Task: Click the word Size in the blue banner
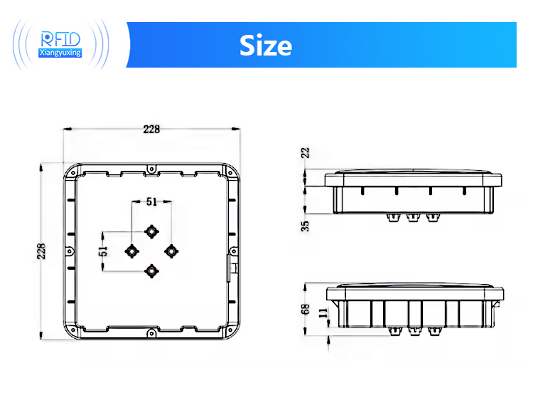[x=265, y=45]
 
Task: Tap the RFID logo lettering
[x=61, y=38]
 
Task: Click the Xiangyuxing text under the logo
[x=61, y=53]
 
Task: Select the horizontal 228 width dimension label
[x=151, y=129]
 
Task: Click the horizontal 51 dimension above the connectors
[x=151, y=201]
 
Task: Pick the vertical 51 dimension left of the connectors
[x=103, y=251]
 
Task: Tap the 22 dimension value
[x=306, y=152]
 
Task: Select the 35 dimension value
[x=306, y=226]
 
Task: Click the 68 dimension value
[x=306, y=308]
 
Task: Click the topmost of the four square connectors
[x=151, y=231]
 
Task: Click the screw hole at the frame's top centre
[x=151, y=168]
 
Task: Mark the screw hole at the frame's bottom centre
[x=151, y=332]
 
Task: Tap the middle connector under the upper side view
[x=412, y=217]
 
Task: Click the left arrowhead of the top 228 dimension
[x=66, y=129]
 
